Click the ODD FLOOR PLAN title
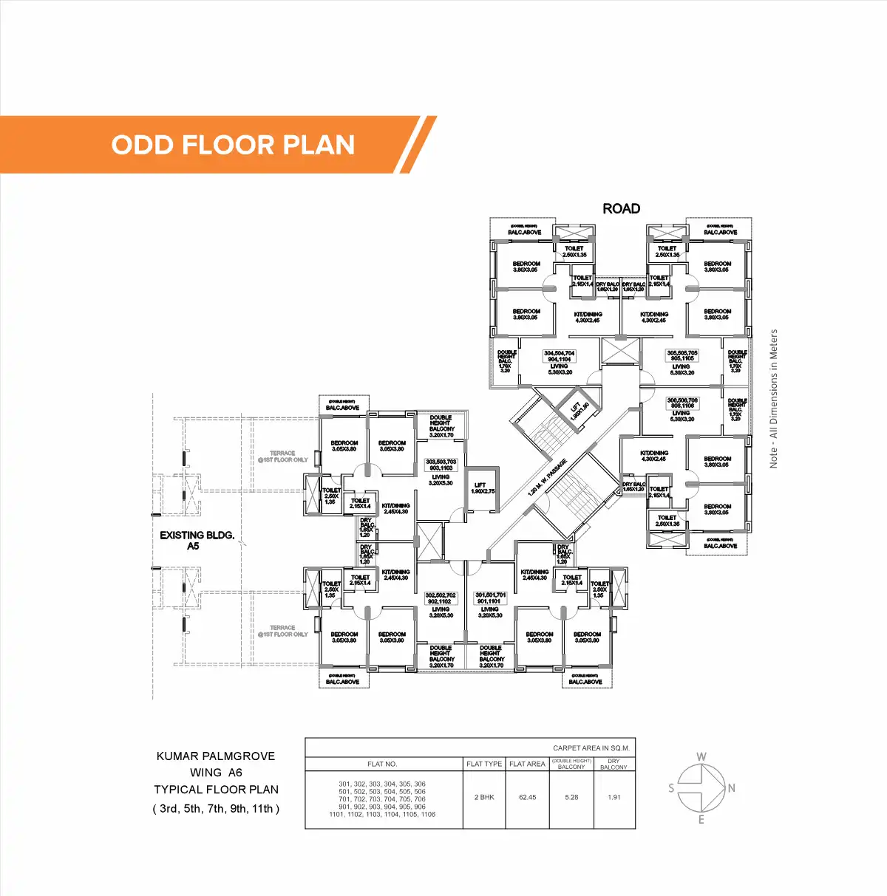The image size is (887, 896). pyautogui.click(x=233, y=145)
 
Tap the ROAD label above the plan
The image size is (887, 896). pyautogui.click(x=621, y=209)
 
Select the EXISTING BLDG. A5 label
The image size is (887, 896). pyautogui.click(x=197, y=540)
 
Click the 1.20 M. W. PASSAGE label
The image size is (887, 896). pyautogui.click(x=547, y=478)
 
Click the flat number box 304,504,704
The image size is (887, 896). pyautogui.click(x=559, y=356)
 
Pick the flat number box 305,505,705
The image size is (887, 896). pyautogui.click(x=682, y=356)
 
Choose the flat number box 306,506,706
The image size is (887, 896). pyautogui.click(x=682, y=403)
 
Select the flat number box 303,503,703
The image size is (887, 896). pyautogui.click(x=441, y=465)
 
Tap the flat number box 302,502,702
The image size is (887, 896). pyautogui.click(x=441, y=598)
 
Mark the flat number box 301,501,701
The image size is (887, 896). pyautogui.click(x=490, y=598)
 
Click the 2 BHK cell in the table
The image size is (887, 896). pyautogui.click(x=484, y=797)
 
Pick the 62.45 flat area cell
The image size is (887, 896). pyautogui.click(x=527, y=797)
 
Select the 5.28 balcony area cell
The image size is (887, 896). pyautogui.click(x=571, y=797)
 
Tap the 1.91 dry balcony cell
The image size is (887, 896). pyautogui.click(x=614, y=797)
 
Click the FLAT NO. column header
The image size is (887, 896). pyautogui.click(x=382, y=764)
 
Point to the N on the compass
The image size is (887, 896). pyautogui.click(x=731, y=788)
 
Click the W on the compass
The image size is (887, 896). pyautogui.click(x=701, y=756)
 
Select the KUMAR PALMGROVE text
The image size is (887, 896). pyautogui.click(x=216, y=756)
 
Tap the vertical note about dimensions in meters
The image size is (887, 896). pyautogui.click(x=773, y=398)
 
